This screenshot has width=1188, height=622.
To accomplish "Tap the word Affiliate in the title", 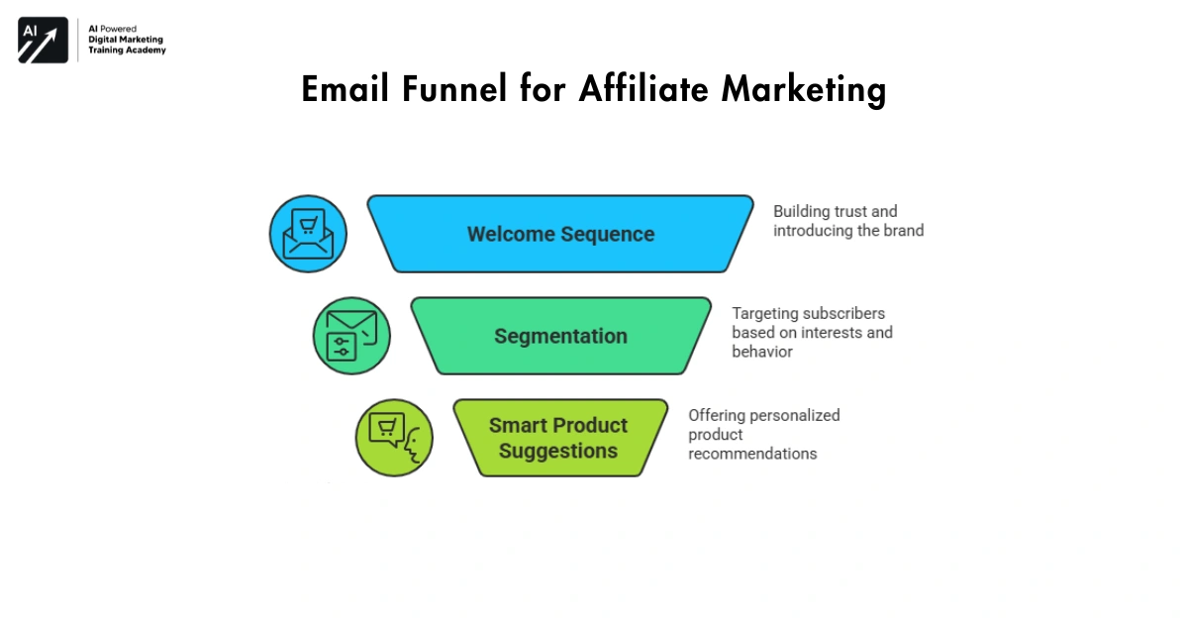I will (643, 89).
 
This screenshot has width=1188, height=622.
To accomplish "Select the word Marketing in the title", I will (803, 91).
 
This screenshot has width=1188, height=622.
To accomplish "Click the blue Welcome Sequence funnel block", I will (560, 234).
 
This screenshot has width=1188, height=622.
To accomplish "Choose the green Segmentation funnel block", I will (560, 336).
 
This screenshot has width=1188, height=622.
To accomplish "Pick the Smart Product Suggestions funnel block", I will (559, 438).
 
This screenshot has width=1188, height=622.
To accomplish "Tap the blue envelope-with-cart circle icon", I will (308, 234).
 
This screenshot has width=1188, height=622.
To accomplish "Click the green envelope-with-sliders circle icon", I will (351, 336).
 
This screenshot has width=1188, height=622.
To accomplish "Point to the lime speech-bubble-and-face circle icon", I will (394, 438).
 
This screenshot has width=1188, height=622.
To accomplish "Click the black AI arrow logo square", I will (43, 41).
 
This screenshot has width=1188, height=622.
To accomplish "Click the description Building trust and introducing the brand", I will (847, 221).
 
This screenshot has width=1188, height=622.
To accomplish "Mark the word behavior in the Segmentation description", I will (761, 352).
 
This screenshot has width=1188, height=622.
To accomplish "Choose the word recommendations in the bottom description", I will (752, 454).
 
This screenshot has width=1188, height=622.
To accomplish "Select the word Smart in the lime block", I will (518, 425).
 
